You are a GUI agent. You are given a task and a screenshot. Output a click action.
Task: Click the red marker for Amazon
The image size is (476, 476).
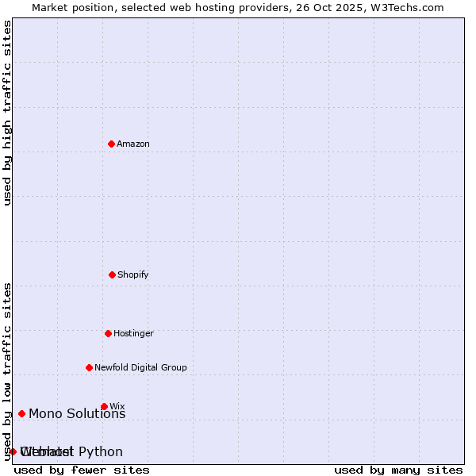click(x=111, y=144)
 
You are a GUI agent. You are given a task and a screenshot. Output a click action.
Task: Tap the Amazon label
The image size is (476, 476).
click(x=133, y=144)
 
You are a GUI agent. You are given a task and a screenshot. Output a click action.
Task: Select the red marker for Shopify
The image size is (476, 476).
click(x=112, y=274)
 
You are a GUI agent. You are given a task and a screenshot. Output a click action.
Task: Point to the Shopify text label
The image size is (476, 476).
click(x=133, y=275)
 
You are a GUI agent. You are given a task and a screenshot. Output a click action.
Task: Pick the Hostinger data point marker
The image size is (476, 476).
click(x=108, y=333)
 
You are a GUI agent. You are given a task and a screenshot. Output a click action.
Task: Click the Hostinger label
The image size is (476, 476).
click(x=133, y=334)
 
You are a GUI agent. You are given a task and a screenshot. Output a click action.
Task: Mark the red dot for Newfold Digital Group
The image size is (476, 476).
click(x=89, y=367)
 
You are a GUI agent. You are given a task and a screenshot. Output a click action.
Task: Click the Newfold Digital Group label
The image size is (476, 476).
click(x=140, y=368)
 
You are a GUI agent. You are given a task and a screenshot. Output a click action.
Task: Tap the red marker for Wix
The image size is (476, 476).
click(x=104, y=406)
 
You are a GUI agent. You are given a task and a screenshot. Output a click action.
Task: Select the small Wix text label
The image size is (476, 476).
click(x=117, y=406)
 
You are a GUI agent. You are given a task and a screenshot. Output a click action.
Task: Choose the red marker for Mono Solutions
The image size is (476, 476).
click(x=21, y=413)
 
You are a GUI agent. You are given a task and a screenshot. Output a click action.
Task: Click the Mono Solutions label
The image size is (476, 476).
click(x=77, y=414)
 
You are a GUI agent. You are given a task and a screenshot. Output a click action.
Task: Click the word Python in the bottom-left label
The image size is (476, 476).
click(x=101, y=452)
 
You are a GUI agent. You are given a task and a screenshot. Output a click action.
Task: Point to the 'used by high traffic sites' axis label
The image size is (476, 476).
click(x=7, y=113)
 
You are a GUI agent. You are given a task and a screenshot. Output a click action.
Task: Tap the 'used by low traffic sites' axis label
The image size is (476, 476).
click(x=7, y=371)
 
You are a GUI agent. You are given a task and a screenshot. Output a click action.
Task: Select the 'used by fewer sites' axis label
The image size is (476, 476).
click(x=82, y=470)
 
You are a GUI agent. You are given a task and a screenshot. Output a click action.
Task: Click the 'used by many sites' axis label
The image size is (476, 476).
click(x=398, y=470)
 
